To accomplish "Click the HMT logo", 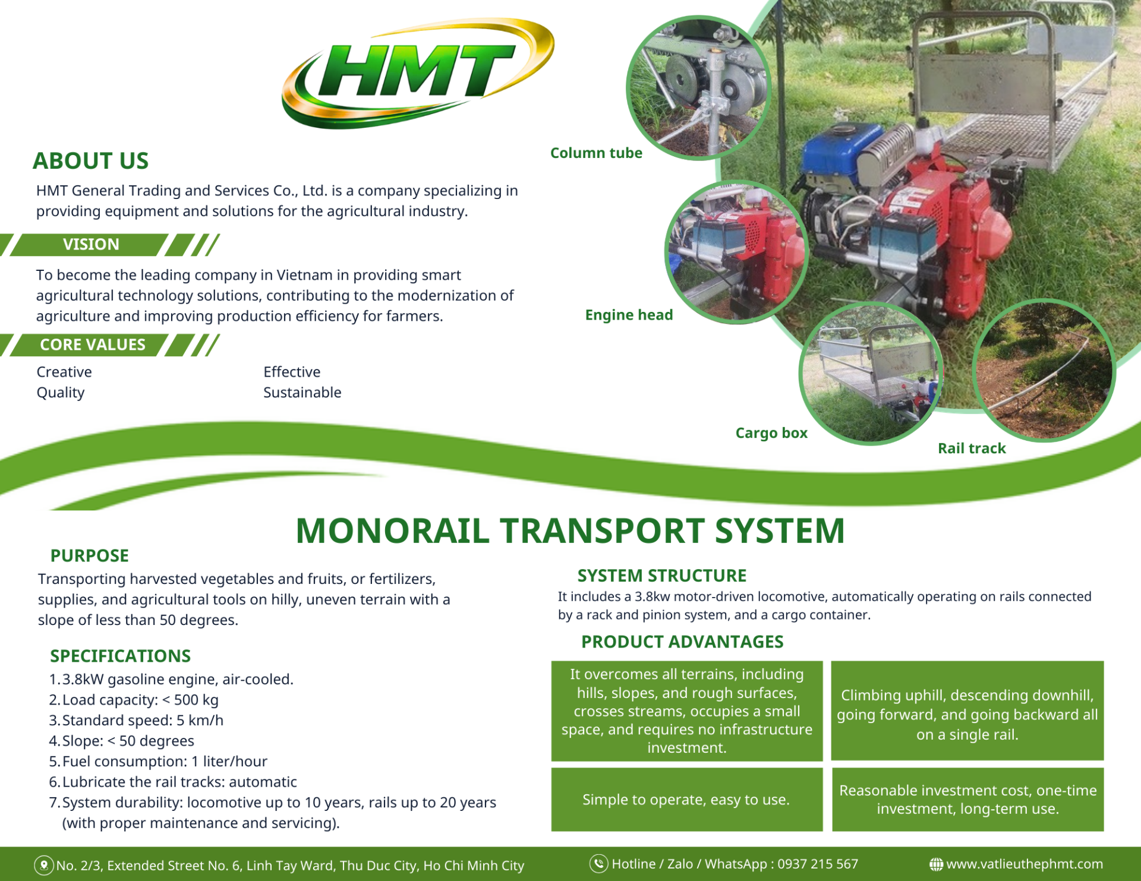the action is pyautogui.click(x=418, y=72).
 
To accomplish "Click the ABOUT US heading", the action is pyautogui.click(x=90, y=161).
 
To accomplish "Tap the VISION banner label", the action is pyautogui.click(x=91, y=244).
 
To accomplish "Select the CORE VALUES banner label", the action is pyautogui.click(x=93, y=345).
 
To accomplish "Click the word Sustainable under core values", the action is pyautogui.click(x=302, y=393).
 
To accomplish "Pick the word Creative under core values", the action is pyautogui.click(x=64, y=372).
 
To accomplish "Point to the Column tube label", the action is pyautogui.click(x=596, y=153).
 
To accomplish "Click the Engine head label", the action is pyautogui.click(x=629, y=315).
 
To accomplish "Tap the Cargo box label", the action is pyautogui.click(x=771, y=433).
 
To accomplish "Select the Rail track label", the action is pyautogui.click(x=972, y=449).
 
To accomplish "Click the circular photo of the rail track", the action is pyautogui.click(x=1044, y=371).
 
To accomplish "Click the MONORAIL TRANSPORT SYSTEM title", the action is pyautogui.click(x=570, y=531).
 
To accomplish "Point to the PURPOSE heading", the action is pyautogui.click(x=90, y=555).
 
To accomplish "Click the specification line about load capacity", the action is pyautogui.click(x=134, y=700).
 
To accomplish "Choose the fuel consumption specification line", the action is pyautogui.click(x=158, y=762).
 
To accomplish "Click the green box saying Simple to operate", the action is pyautogui.click(x=687, y=800).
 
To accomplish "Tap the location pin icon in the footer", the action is pyautogui.click(x=43, y=865).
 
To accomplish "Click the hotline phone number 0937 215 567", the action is pyautogui.click(x=818, y=864).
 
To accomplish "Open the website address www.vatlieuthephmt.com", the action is pyautogui.click(x=1025, y=864).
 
